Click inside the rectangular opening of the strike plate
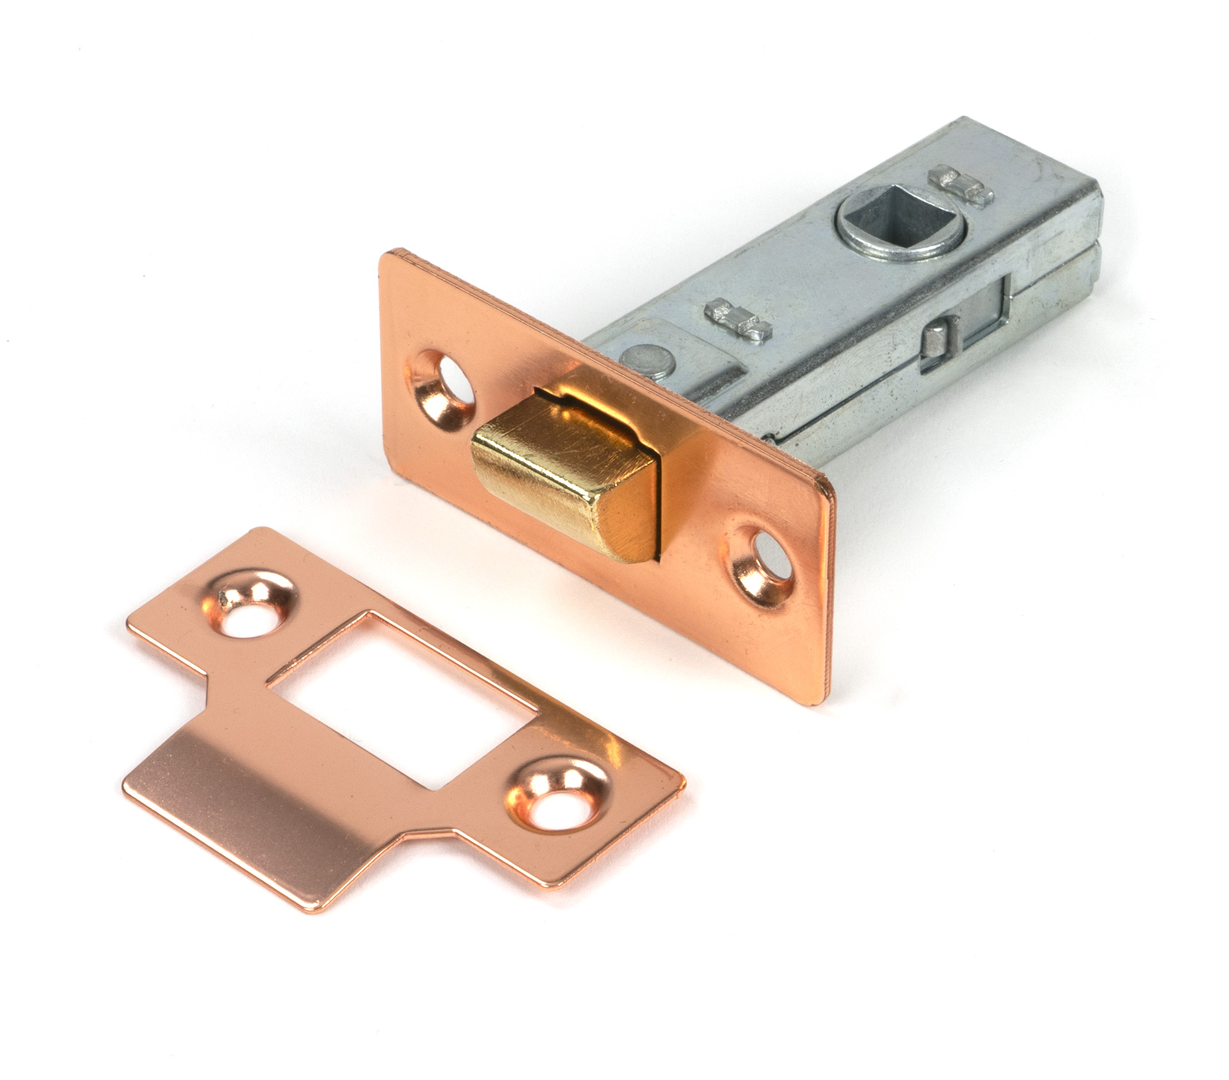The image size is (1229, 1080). tap(399, 695)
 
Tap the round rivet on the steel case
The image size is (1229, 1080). tap(639, 358)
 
